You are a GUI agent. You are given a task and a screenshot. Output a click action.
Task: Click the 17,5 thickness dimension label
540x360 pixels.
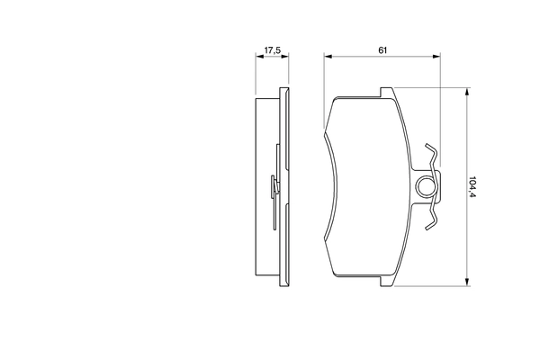270,49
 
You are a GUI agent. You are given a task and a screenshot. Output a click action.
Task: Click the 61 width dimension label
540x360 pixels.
382,49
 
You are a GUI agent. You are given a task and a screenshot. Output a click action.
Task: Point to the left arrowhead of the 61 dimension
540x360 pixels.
327,58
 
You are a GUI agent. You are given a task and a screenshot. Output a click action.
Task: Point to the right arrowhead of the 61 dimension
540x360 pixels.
436,58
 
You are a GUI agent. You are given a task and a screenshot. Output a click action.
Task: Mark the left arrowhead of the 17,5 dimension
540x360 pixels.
257,58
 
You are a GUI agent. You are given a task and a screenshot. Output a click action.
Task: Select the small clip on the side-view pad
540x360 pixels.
274,188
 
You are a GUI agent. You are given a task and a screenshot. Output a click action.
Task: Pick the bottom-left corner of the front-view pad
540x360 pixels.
334,272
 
